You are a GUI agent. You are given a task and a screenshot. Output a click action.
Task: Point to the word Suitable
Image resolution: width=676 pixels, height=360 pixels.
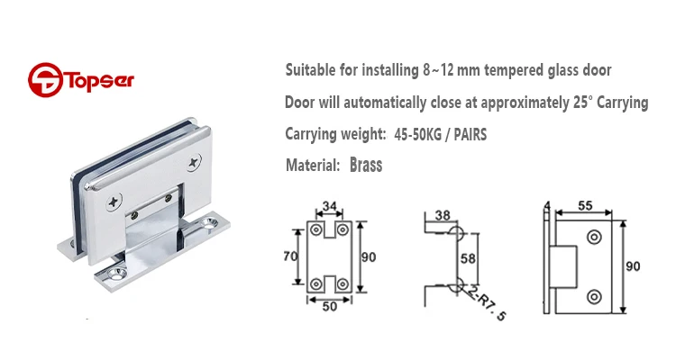point(312,69)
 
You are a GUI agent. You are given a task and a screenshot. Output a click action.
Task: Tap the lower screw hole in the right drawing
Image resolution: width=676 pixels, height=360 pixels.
point(593,294)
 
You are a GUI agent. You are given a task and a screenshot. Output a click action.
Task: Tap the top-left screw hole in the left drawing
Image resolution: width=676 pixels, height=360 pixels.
point(316,231)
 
